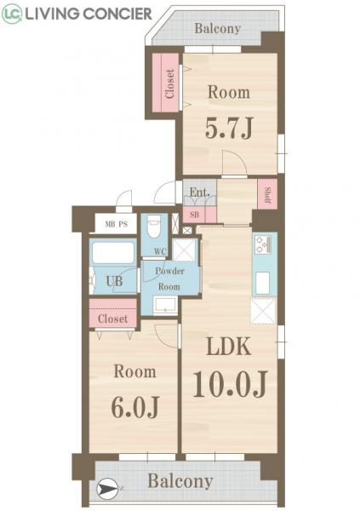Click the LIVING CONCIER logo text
(89, 14)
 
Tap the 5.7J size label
(228, 129)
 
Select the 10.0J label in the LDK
(230, 385)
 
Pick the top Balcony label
(217, 28)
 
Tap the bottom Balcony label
(180, 481)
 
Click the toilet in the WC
(154, 228)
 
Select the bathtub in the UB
(113, 253)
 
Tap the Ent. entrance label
(199, 192)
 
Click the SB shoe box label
(194, 215)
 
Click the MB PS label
(116, 226)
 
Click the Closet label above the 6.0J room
(112, 319)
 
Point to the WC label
(160, 251)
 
